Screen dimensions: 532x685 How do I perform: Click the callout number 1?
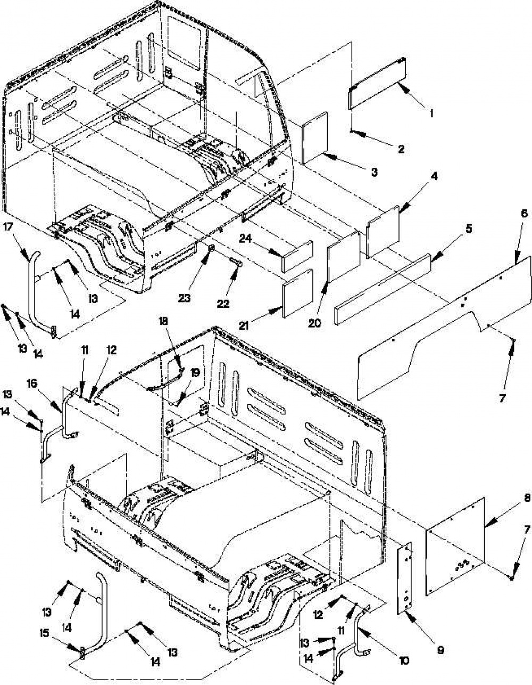click(x=431, y=113)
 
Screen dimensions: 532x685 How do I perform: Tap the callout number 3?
click(x=374, y=172)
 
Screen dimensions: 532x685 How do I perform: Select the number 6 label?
click(x=524, y=214)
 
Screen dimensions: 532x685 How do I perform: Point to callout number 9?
click(x=440, y=650)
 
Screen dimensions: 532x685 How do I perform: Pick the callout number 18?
click(x=164, y=321)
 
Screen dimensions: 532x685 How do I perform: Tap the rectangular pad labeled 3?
click(x=315, y=138)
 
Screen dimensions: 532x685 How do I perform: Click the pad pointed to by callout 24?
click(x=297, y=257)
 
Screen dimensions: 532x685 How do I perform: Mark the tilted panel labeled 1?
click(x=377, y=83)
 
